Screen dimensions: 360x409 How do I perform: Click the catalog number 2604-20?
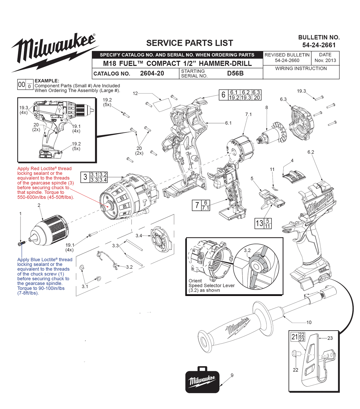(152, 73)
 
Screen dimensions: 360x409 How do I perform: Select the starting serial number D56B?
(235, 73)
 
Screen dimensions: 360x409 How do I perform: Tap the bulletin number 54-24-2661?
(319, 45)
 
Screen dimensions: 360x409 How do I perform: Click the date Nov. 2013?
(325, 60)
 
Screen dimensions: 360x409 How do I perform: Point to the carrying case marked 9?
(202, 380)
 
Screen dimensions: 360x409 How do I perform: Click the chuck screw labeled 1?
(21, 244)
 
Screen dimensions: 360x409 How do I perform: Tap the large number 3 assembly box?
(85, 177)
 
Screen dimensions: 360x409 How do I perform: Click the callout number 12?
(135, 94)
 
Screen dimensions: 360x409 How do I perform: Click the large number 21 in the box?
(294, 337)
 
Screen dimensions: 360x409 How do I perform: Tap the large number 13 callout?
(259, 223)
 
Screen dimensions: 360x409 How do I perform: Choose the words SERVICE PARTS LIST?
(189, 43)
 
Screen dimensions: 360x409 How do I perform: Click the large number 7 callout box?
(197, 205)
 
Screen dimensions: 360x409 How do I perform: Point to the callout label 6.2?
(311, 152)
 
